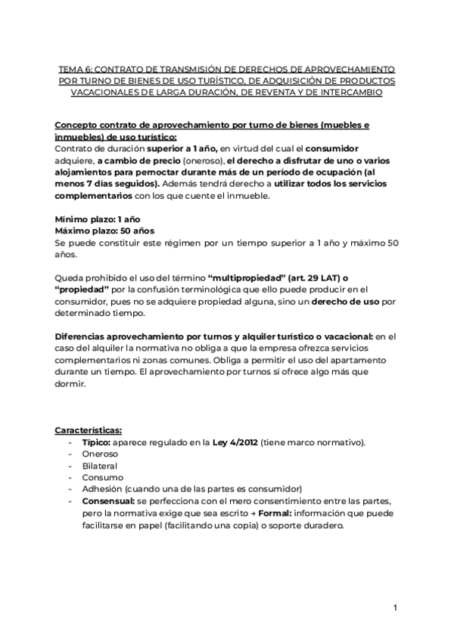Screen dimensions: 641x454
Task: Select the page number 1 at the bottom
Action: (x=395, y=608)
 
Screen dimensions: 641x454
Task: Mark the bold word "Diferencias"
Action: (x=85, y=337)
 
